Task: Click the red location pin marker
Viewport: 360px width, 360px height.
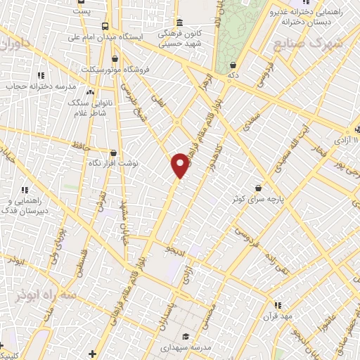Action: coord(181,165)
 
